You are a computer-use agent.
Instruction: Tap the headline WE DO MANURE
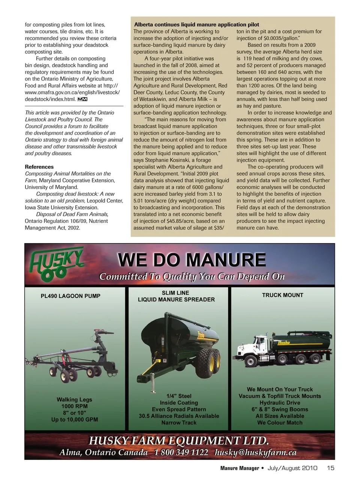(x=192, y=260)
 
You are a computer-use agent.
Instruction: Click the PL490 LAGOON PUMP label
(x=70, y=296)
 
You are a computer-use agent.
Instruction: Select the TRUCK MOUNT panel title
(x=282, y=295)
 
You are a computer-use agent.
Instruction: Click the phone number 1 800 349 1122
(x=181, y=452)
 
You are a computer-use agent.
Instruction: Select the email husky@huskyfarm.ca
(x=255, y=452)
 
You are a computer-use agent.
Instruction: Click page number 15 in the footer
(x=330, y=468)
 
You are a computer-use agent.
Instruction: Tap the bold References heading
(x=39, y=167)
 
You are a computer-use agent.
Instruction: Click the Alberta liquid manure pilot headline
(x=196, y=24)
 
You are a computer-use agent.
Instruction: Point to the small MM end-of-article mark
(x=82, y=99)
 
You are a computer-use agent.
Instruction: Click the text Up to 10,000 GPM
(x=75, y=419)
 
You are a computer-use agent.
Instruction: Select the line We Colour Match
(x=280, y=422)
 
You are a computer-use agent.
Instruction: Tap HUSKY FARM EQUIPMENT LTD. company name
(x=179, y=440)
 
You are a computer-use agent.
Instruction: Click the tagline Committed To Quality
(x=192, y=277)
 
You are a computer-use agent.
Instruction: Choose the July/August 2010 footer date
(x=292, y=468)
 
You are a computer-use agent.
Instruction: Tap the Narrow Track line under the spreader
(x=179, y=422)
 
